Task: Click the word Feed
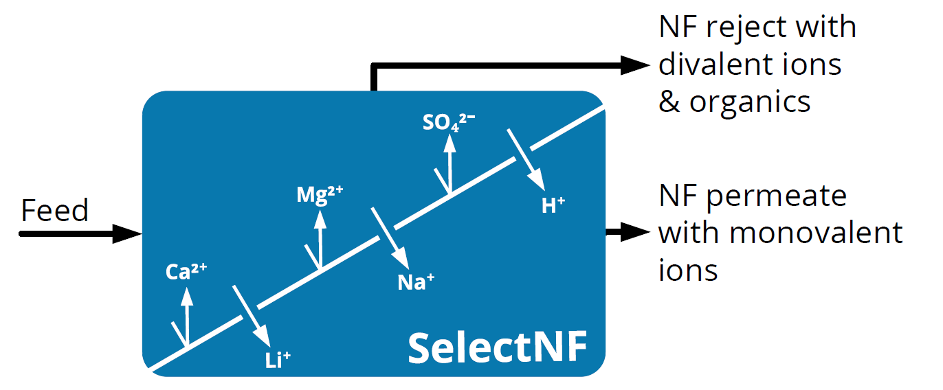click(55, 210)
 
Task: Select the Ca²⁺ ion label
click(186, 273)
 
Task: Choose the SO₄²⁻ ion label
click(449, 122)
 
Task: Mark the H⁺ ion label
click(553, 205)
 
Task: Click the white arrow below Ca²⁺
click(186, 316)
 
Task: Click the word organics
click(750, 102)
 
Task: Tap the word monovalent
click(816, 233)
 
